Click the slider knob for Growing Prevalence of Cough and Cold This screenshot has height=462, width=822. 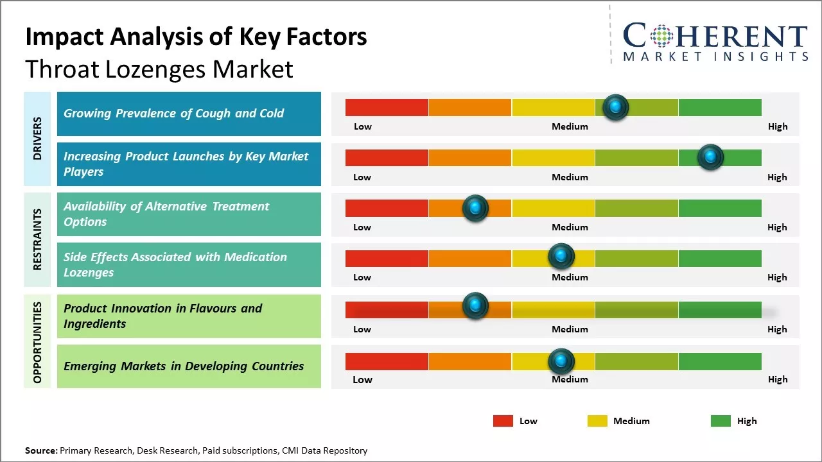pos(616,107)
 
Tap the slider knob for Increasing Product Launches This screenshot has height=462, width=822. pos(710,157)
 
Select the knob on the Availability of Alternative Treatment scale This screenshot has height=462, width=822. pos(475,208)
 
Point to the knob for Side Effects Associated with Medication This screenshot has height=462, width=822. pos(561,257)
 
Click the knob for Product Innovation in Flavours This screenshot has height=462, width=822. pos(475,306)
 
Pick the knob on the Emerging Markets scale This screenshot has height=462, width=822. pos(561,361)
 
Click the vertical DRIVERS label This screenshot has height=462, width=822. pos(37,139)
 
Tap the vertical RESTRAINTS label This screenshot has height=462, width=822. pos(37,239)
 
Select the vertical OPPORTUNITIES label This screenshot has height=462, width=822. pos(37,342)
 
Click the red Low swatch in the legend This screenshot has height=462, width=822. pos(503,421)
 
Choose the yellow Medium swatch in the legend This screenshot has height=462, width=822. pos(597,421)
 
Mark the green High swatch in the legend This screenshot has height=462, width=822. pos(721,421)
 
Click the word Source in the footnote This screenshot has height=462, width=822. pos(40,450)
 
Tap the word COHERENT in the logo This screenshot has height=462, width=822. pos(715,36)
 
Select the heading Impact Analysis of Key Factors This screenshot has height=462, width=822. pos(196,37)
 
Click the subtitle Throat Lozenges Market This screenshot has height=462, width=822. pos(159,69)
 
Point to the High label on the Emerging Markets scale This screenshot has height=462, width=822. pos(778,379)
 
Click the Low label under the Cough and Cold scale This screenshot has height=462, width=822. pos(363,126)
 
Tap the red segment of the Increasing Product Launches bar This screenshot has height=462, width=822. pos(387,158)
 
